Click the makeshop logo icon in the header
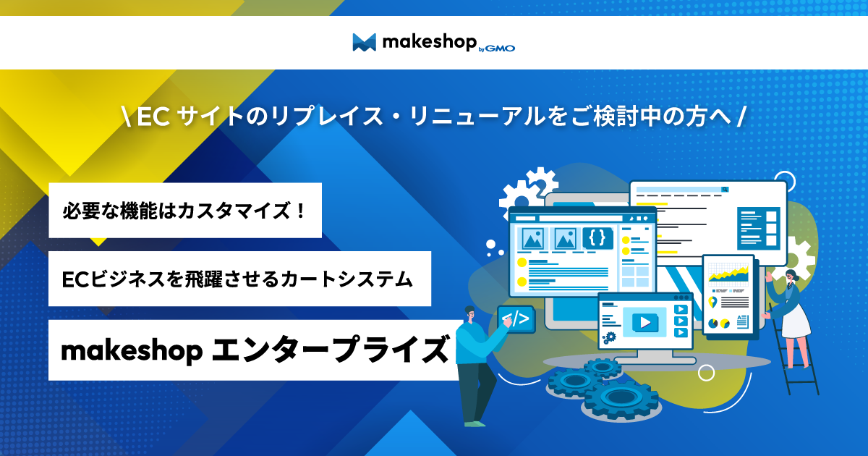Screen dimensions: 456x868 pos(364,43)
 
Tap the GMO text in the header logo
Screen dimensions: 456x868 pos(501,48)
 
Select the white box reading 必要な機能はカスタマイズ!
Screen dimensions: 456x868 pos(185,211)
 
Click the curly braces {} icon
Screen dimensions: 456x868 pos(597,237)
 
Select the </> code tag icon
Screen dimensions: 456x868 pos(516,318)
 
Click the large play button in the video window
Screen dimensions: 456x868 pos(644,321)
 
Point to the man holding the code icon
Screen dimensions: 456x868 pos(474,362)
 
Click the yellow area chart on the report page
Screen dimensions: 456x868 pos(728,274)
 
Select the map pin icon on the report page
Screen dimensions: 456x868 pos(713,302)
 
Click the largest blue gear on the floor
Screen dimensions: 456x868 pos(620,398)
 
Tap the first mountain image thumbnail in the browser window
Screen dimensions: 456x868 pos(532,237)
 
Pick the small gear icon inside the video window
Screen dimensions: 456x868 pos(610,336)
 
